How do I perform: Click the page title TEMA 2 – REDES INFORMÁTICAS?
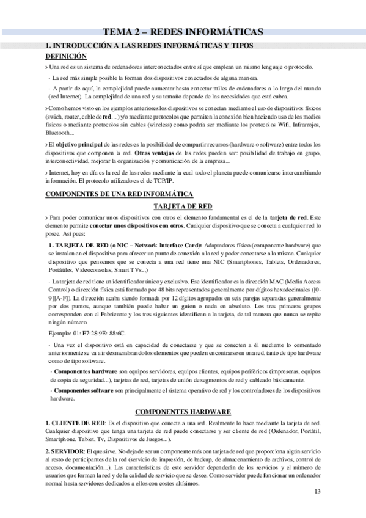click(183, 32)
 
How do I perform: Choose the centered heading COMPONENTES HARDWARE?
click(183, 412)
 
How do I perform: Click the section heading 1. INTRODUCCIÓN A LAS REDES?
click(150, 45)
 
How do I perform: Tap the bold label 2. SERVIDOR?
click(65, 451)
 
